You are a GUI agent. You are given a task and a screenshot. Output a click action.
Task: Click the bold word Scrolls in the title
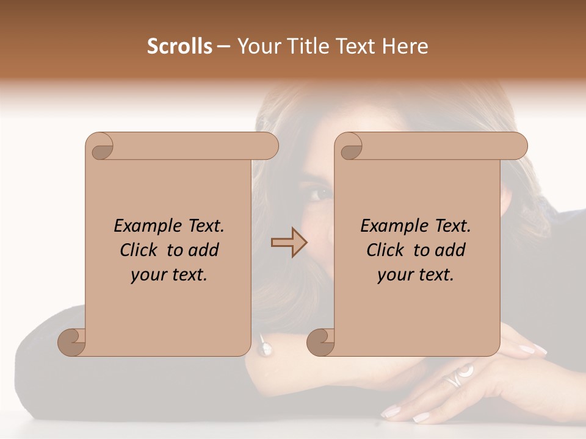pyautogui.click(x=179, y=46)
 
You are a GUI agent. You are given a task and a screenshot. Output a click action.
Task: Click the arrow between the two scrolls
pyautogui.click(x=289, y=243)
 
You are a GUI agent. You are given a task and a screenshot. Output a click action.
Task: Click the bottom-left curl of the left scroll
pyautogui.click(x=71, y=342)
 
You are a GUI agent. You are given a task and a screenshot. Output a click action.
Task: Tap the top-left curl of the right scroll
pyautogui.click(x=350, y=147)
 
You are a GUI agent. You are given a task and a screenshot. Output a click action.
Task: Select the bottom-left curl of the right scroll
pyautogui.click(x=320, y=342)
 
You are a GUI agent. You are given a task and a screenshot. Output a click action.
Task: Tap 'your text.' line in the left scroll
pyautogui.click(x=169, y=274)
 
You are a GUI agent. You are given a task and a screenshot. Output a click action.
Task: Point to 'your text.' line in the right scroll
pyautogui.click(x=416, y=274)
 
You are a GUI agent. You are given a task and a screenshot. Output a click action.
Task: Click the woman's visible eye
pyautogui.click(x=319, y=195)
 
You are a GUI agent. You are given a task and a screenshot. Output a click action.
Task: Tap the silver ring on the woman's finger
pyautogui.click(x=458, y=376)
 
